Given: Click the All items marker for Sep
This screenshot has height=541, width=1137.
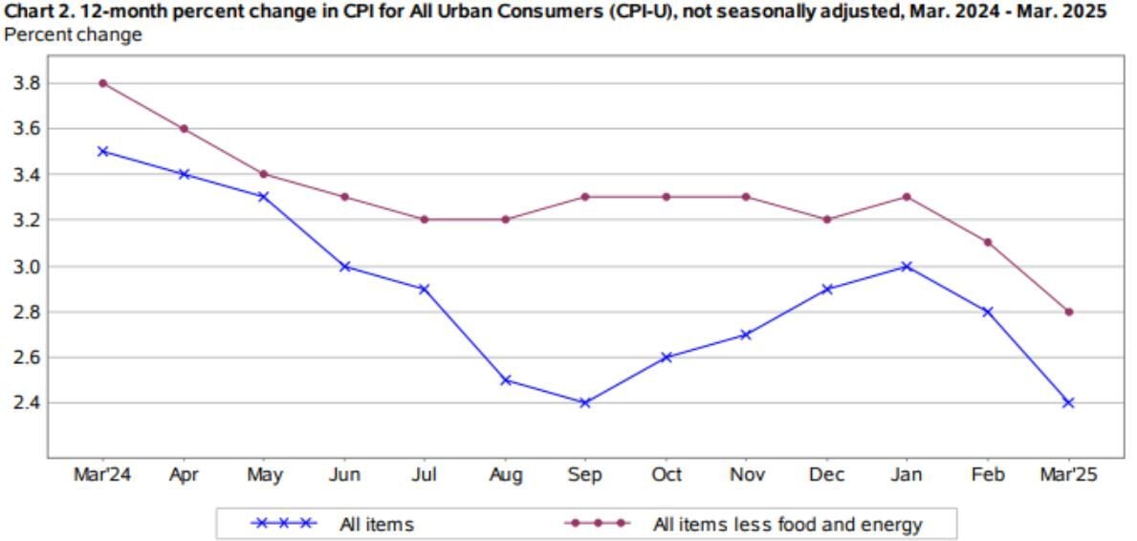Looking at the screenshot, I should tap(585, 402).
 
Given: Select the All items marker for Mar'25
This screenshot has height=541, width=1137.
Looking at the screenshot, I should tap(1069, 402).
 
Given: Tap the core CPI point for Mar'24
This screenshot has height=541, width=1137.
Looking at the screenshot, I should tap(102, 83).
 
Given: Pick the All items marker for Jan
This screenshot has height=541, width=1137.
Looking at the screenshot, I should tap(907, 266).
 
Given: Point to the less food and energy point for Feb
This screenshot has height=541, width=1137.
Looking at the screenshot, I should tap(989, 242).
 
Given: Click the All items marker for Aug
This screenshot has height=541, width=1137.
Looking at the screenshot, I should tap(505, 380).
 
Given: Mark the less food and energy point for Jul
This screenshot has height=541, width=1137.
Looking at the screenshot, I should tap(425, 219).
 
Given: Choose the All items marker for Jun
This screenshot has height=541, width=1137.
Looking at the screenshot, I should tap(344, 266).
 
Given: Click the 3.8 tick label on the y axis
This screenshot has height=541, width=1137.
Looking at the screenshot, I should tap(25, 83).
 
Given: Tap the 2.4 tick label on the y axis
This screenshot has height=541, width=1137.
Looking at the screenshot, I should tap(25, 402).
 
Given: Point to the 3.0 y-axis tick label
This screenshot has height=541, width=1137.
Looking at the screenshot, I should tap(25, 266).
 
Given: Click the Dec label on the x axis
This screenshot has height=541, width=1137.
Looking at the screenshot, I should tap(827, 474).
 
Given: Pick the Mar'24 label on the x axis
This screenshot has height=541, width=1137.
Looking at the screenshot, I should tap(102, 474).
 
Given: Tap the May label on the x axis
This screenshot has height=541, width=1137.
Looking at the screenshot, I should tap(263, 474).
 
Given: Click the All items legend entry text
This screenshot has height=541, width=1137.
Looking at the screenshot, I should tap(376, 523).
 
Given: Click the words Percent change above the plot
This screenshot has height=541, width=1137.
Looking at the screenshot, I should tap(74, 34).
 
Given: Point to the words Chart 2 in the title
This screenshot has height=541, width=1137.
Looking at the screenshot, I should tap(35, 11).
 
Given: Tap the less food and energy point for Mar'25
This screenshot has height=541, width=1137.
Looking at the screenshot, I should tap(1069, 312).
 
